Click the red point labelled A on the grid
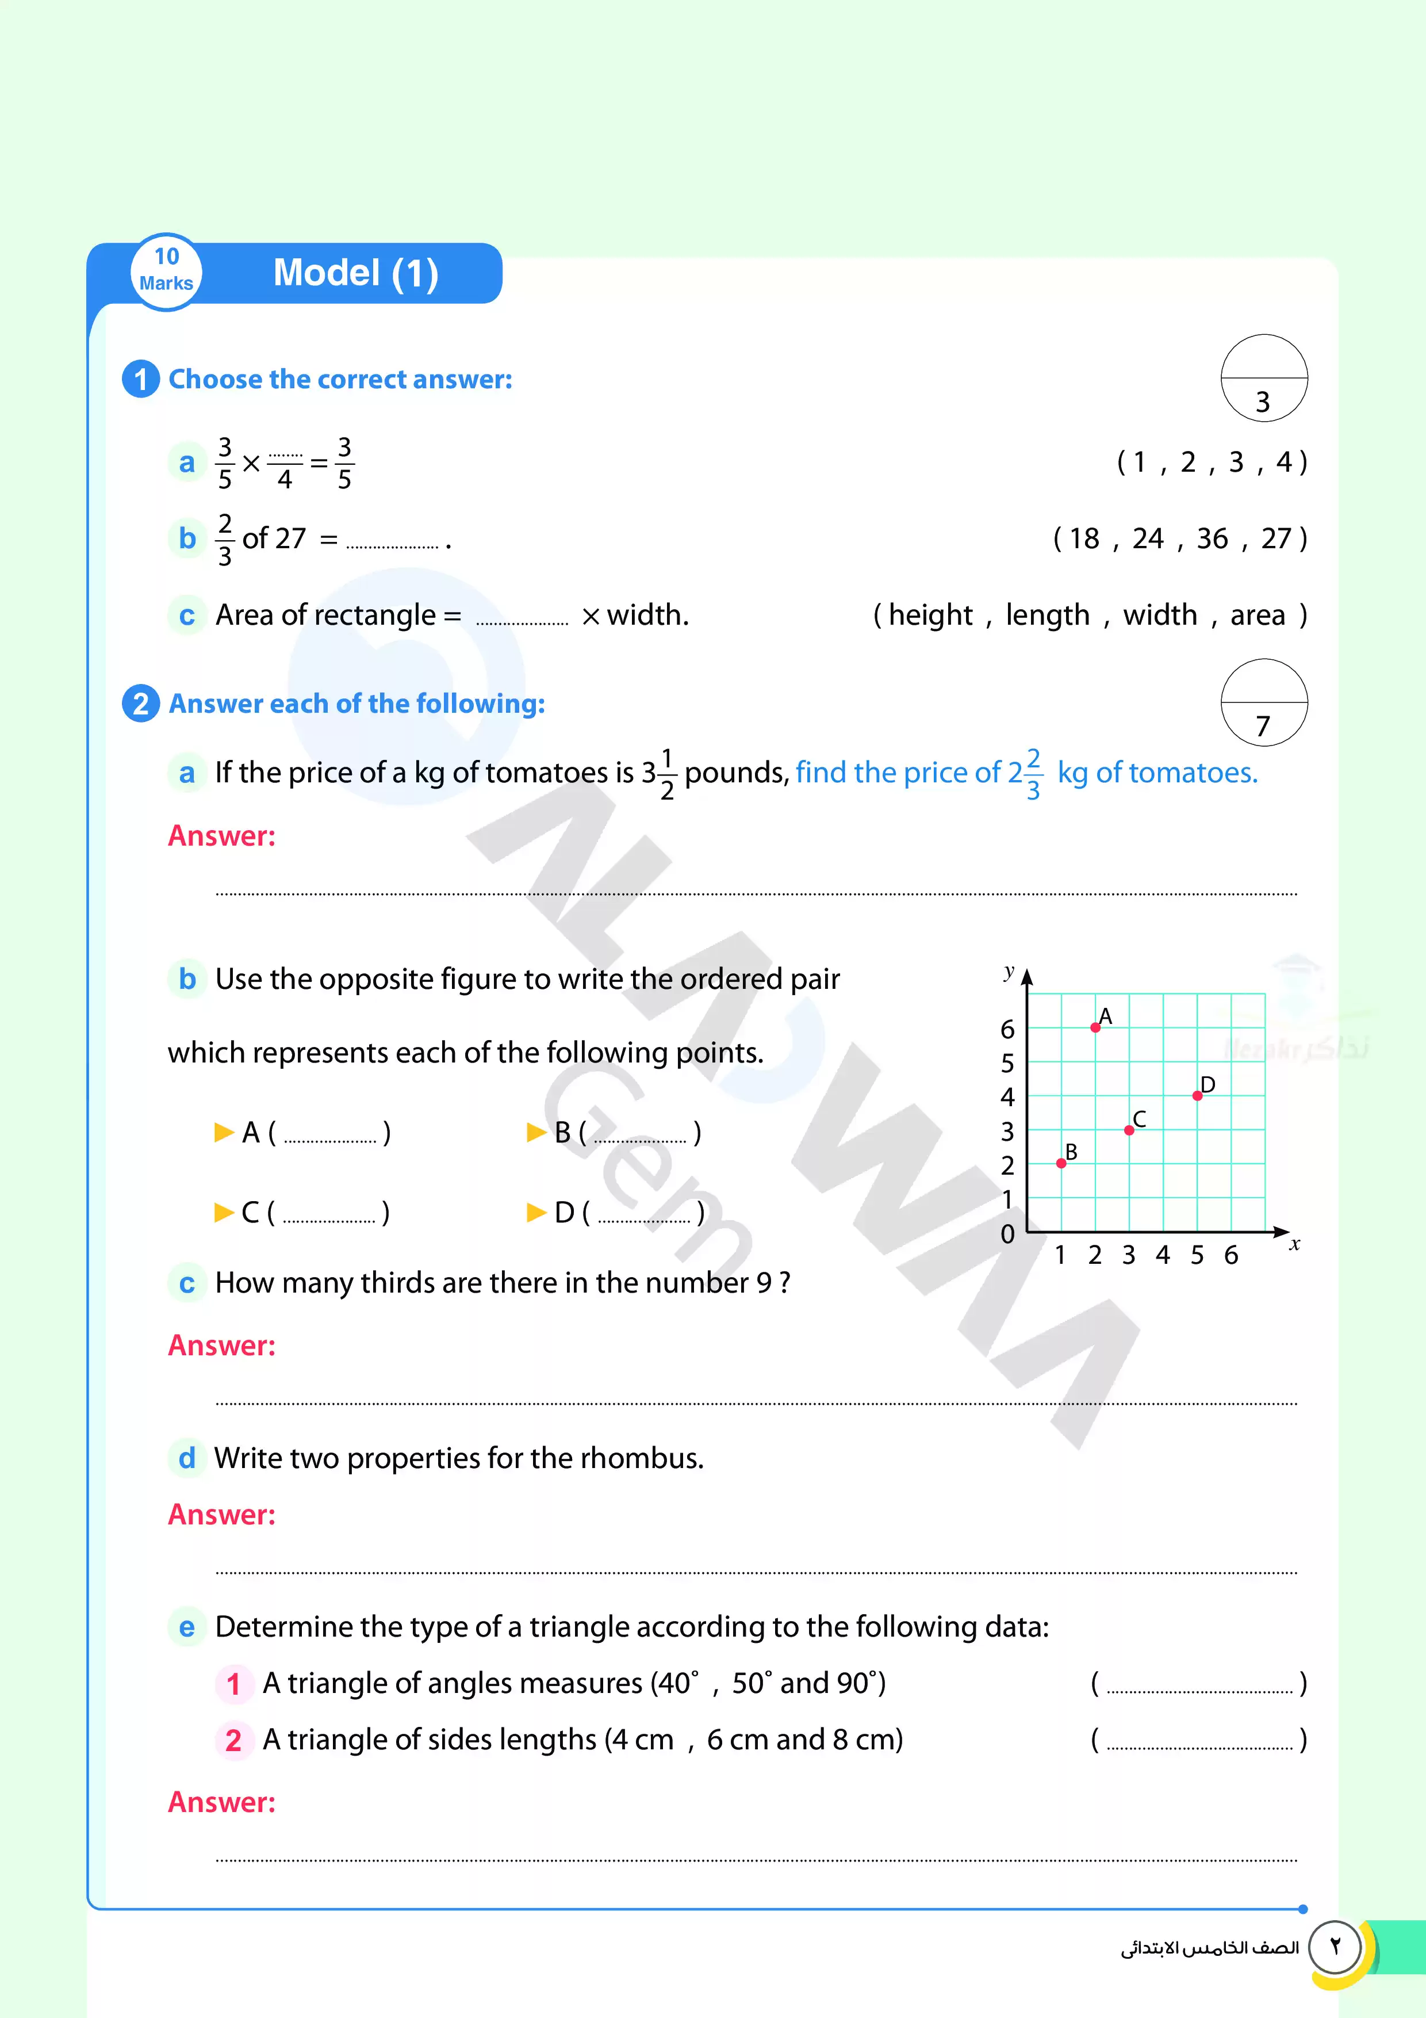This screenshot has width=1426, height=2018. point(1095,1027)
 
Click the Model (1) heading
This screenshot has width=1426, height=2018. point(356,273)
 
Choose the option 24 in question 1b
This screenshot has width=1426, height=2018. point(1148,538)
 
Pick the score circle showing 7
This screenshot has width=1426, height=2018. point(1263,703)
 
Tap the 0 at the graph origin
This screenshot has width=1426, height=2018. point(1008,1234)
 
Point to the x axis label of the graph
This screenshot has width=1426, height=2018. point(1294,1244)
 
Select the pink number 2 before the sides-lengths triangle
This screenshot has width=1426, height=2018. point(233,1740)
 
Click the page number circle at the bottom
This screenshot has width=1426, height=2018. point(1335,1947)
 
